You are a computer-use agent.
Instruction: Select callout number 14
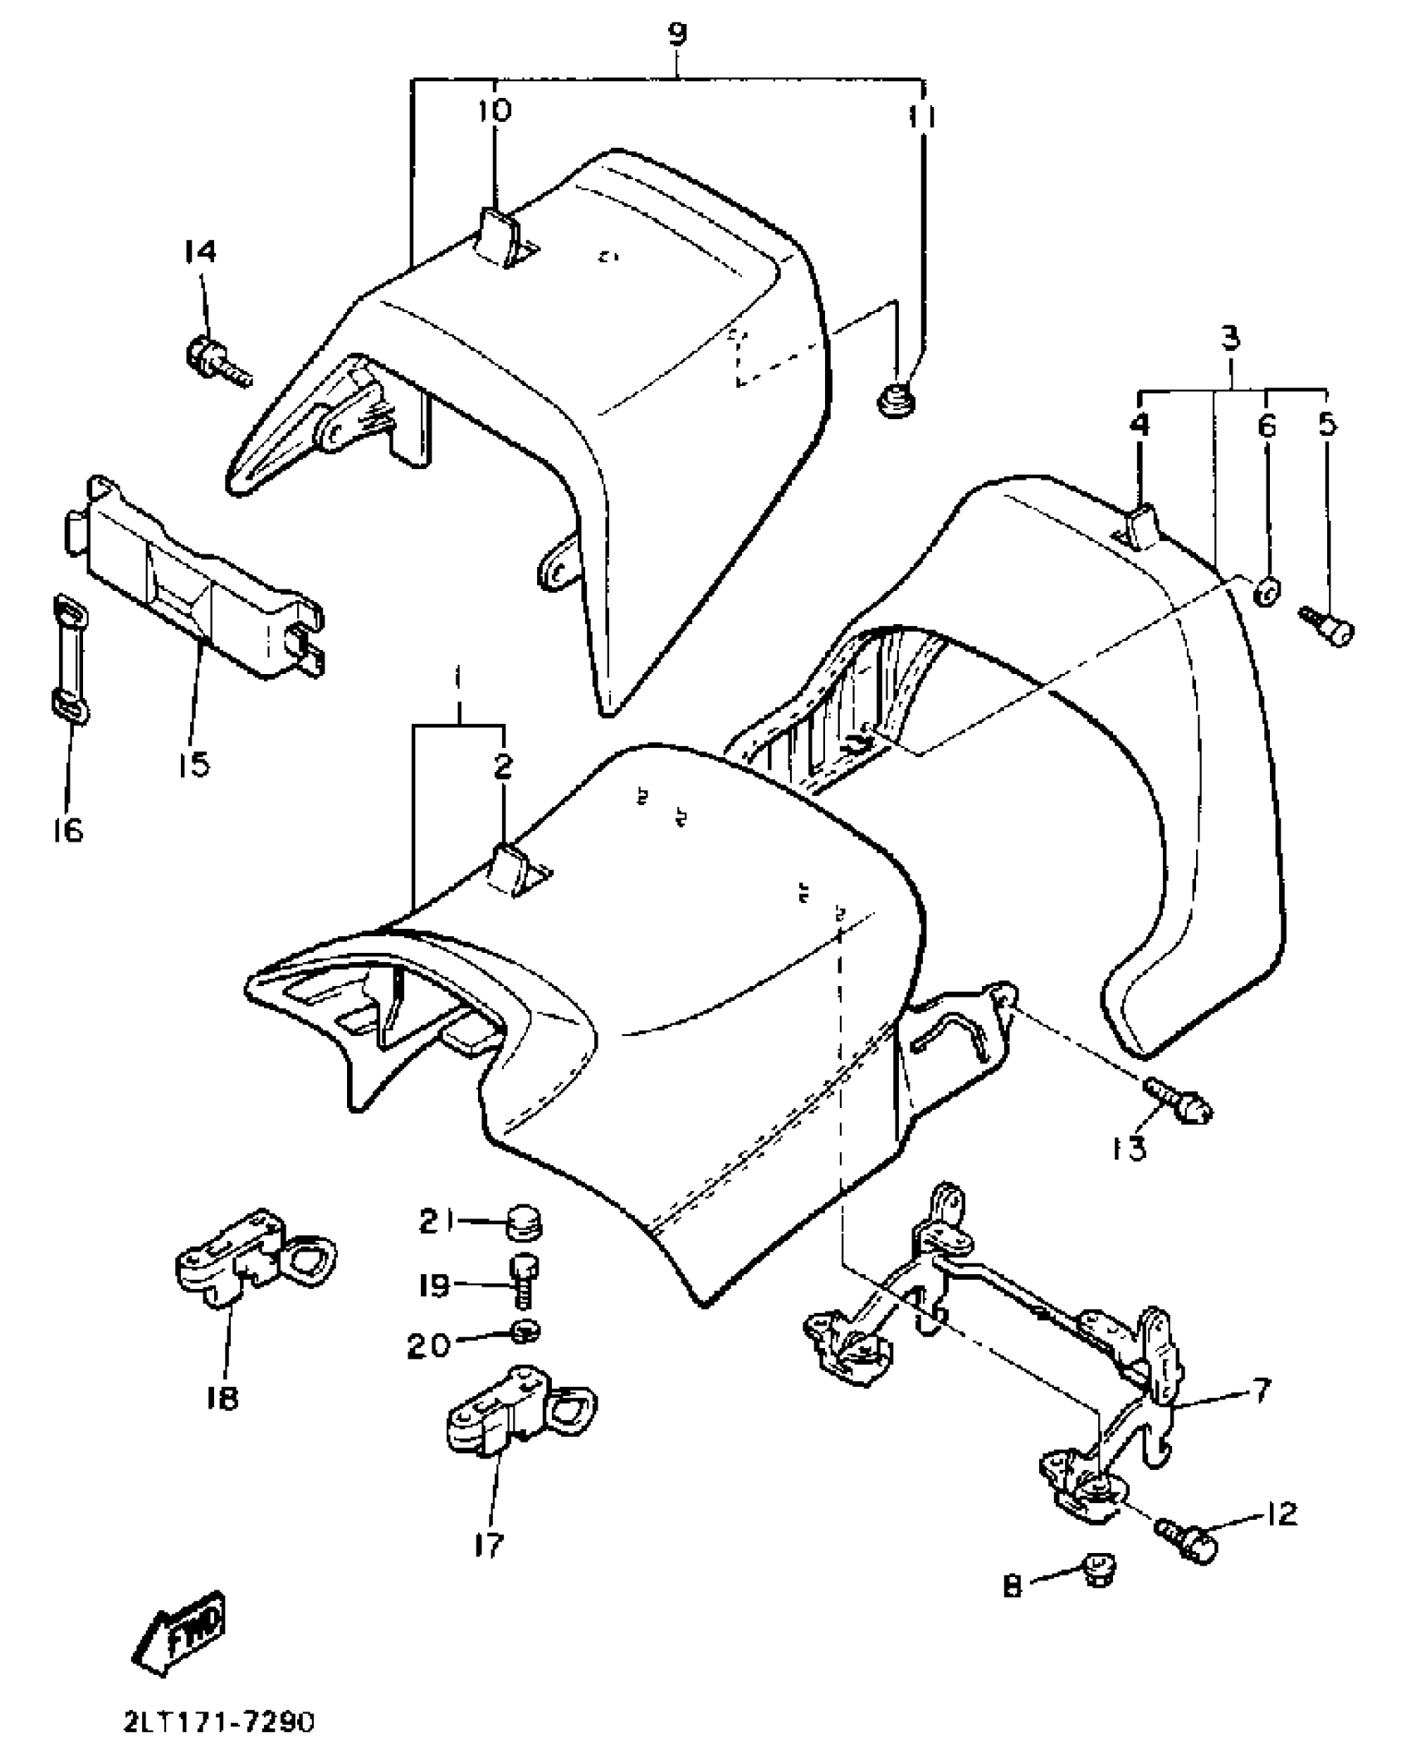pyautogui.click(x=198, y=251)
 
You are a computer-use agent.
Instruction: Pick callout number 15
pyautogui.click(x=193, y=763)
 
